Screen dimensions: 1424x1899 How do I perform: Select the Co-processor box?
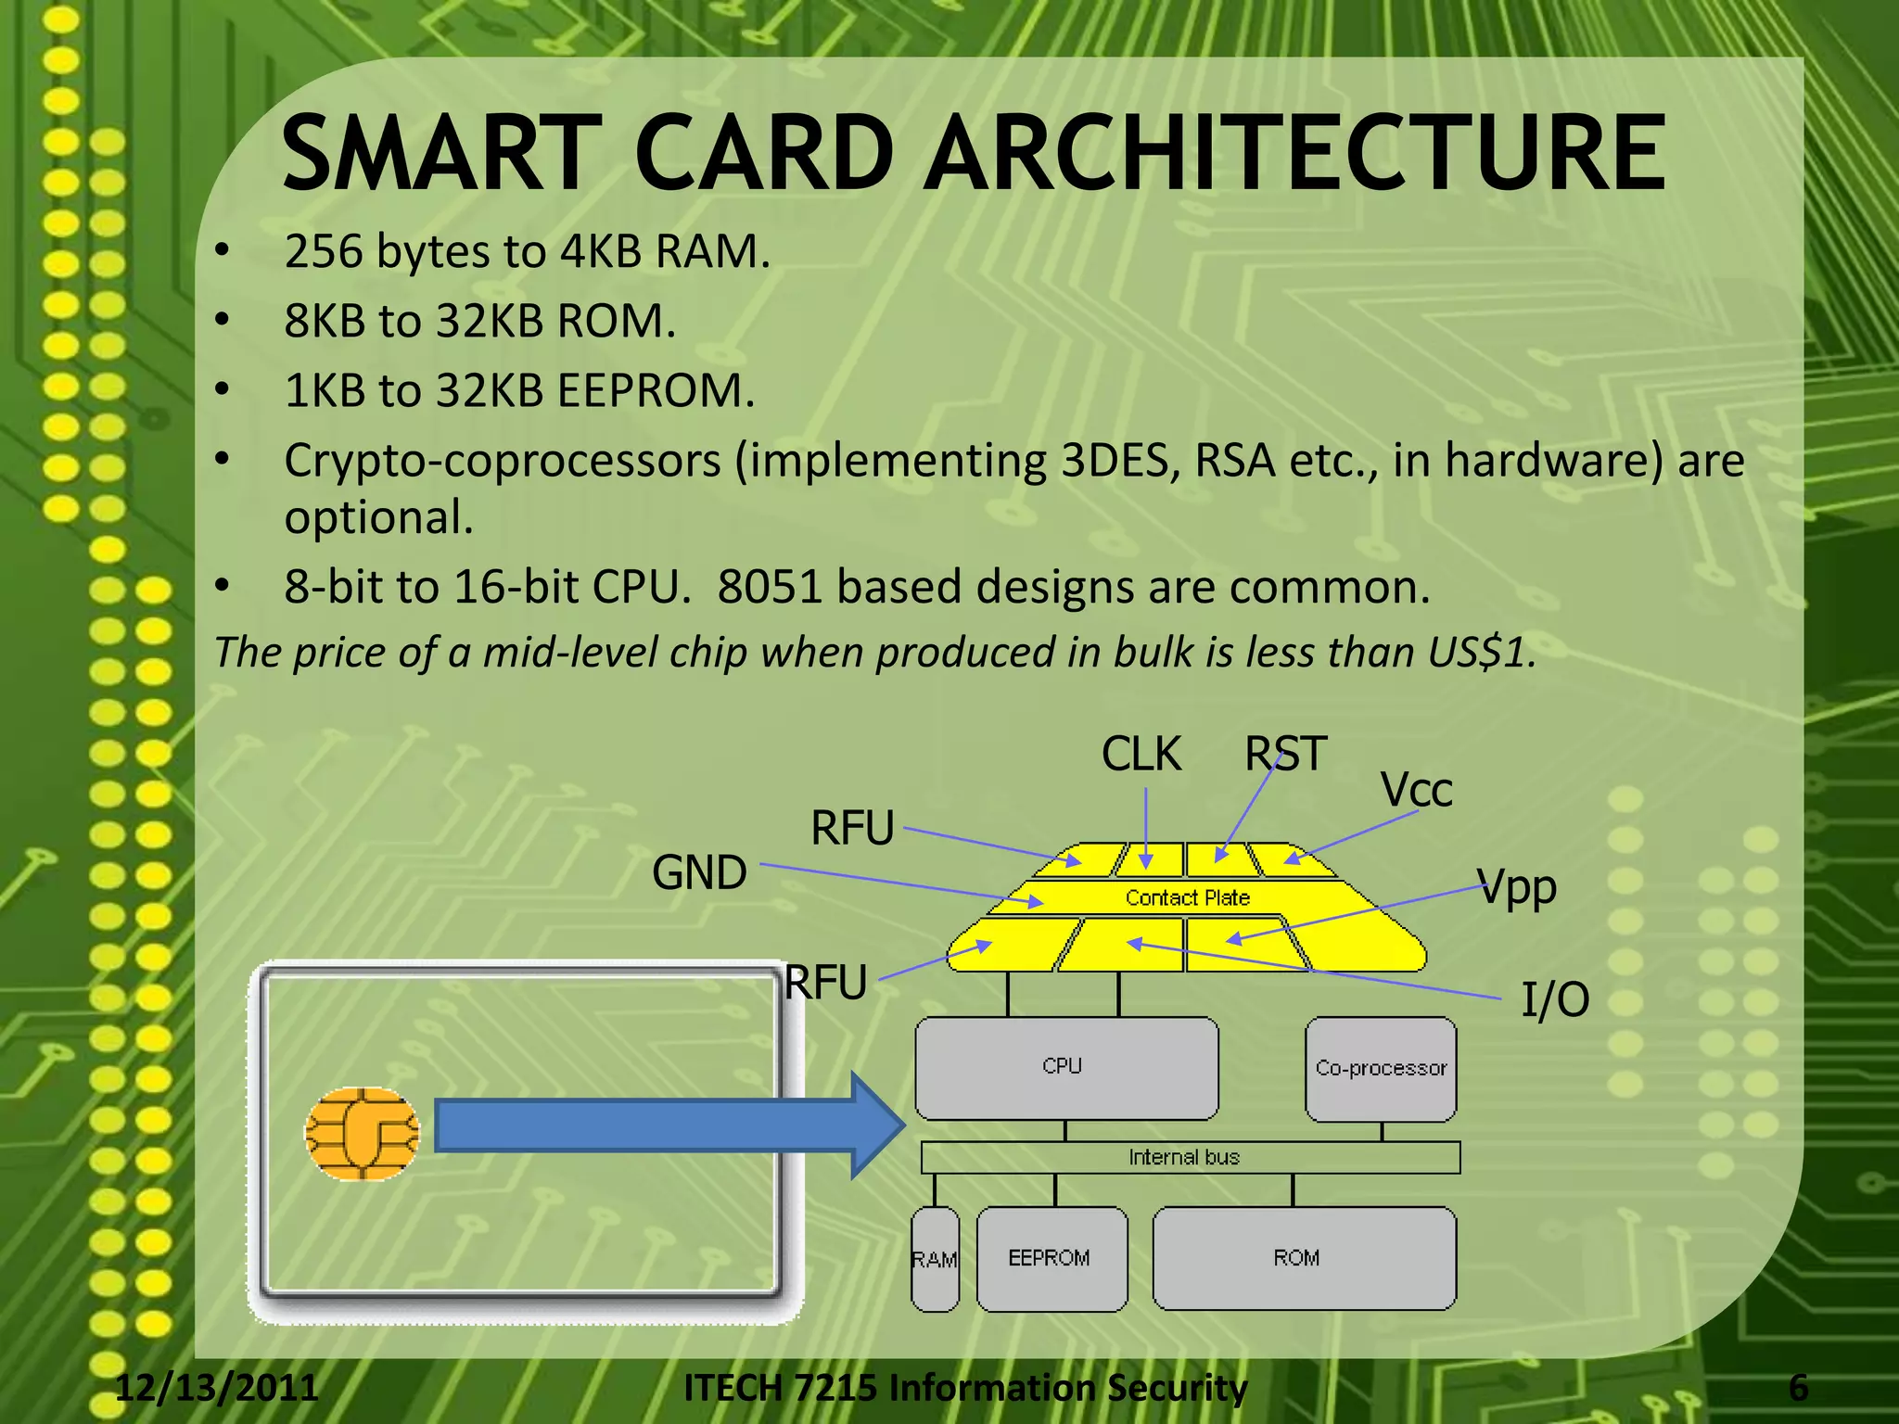pyautogui.click(x=1381, y=1069)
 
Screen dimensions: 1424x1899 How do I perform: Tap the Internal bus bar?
pyautogui.click(x=1190, y=1157)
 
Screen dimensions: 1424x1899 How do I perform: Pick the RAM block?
pyautogui.click(x=935, y=1259)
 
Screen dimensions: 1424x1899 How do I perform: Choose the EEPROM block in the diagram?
pyautogui.click(x=1051, y=1258)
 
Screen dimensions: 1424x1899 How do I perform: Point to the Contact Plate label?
pyautogui.click(x=1188, y=897)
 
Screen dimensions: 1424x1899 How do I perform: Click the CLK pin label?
pyautogui.click(x=1141, y=754)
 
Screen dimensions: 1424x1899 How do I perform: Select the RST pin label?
pyautogui.click(x=1286, y=754)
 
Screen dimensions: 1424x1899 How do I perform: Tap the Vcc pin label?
pyautogui.click(x=1416, y=791)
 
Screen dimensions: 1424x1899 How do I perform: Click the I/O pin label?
pyautogui.click(x=1555, y=1000)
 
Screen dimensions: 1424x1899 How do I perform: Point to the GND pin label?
pyautogui.click(x=699, y=873)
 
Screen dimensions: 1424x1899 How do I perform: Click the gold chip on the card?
pyautogui.click(x=362, y=1134)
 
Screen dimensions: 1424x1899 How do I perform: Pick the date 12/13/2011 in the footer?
pyautogui.click(x=217, y=1388)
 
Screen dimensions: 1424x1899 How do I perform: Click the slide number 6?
pyautogui.click(x=1798, y=1388)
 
